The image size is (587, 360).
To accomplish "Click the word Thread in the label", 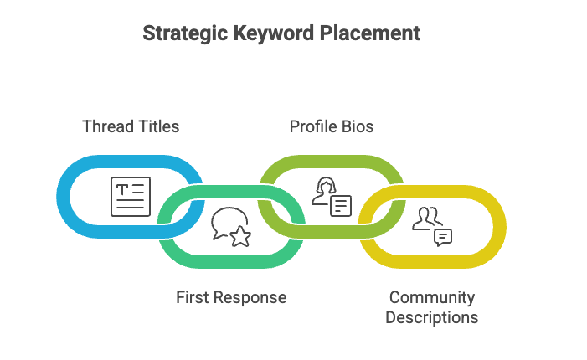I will (x=106, y=126).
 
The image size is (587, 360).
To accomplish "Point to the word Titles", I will (x=158, y=126).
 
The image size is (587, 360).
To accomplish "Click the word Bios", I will (x=358, y=126).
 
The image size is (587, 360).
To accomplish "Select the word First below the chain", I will (x=193, y=297).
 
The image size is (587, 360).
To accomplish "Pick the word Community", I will (x=432, y=297).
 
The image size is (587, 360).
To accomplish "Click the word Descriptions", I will (x=432, y=317).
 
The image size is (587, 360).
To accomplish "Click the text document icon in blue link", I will (x=131, y=197).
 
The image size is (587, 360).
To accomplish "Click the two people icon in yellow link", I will (x=427, y=218).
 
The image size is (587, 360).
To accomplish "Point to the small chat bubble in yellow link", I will (x=443, y=237).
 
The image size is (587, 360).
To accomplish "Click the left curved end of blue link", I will (x=63, y=197).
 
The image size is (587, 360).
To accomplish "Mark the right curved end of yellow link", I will (x=500, y=227).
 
